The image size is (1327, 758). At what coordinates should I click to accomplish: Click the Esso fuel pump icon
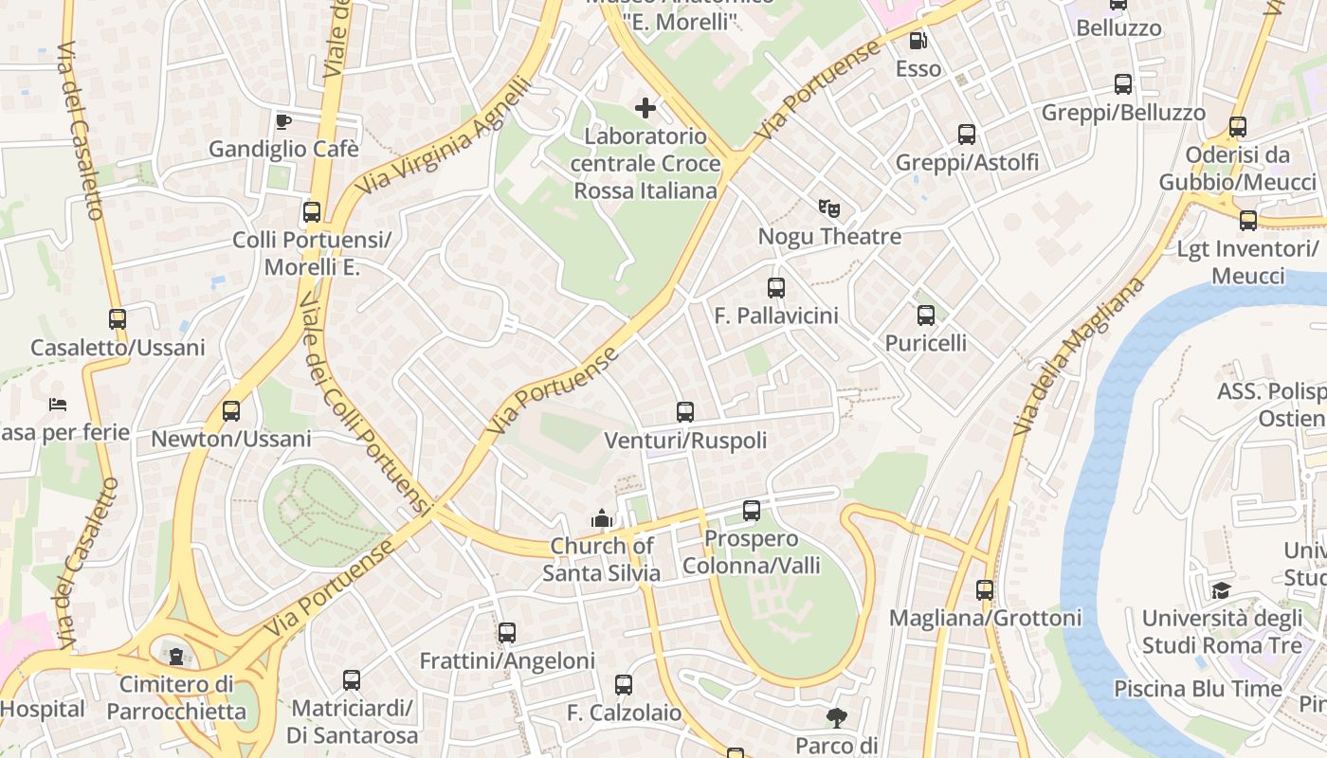coord(918,41)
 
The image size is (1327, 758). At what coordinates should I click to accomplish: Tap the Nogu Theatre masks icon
coord(829,208)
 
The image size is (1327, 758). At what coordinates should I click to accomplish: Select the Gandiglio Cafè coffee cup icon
coord(282,121)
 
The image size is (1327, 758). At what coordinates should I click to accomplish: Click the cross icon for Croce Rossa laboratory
coord(645,108)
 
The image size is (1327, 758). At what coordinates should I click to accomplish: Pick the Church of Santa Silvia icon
coord(601,518)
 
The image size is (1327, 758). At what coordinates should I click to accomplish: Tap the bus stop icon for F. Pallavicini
coord(776,288)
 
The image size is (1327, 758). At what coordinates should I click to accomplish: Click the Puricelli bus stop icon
coord(926,316)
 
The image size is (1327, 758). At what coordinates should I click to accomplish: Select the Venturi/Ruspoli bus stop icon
coord(685,412)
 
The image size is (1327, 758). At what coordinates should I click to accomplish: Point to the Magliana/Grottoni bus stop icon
coord(985,590)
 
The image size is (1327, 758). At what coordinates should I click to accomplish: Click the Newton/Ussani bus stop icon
coord(230,411)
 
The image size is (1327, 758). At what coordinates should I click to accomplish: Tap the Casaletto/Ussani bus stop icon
coord(118,319)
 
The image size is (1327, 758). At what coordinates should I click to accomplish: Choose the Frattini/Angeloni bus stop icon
coord(507,633)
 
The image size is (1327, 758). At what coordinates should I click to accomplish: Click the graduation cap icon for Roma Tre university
coord(1221,591)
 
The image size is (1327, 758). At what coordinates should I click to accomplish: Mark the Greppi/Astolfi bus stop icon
coord(967,135)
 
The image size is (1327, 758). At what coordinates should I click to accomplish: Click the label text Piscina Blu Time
coord(1197,689)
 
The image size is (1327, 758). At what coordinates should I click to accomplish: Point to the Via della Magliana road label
coord(1078,356)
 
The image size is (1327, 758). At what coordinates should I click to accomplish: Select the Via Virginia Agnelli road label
coord(444,138)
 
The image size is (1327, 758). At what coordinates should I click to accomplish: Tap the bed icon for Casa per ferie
coord(58,405)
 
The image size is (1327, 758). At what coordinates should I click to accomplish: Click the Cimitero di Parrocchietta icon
coord(175,655)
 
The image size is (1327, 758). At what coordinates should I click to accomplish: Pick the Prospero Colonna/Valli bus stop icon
coord(752,511)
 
